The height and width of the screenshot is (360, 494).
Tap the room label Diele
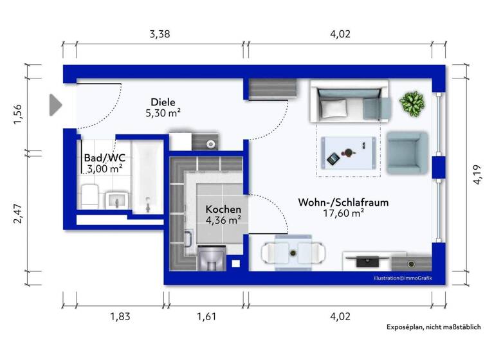tap(163, 102)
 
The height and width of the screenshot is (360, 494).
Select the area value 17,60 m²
tap(343, 213)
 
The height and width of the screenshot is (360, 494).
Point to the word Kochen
tap(223, 209)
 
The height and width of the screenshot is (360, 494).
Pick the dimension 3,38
tap(160, 35)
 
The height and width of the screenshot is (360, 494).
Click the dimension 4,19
tap(477, 173)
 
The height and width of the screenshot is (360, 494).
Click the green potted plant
tap(411, 103)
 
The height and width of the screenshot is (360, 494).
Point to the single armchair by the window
tap(407, 153)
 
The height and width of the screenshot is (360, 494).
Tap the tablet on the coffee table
tap(333, 158)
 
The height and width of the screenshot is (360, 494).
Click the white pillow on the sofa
tap(334, 109)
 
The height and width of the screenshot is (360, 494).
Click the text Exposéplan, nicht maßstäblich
tap(433, 327)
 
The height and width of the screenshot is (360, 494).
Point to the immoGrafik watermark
tap(403, 278)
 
